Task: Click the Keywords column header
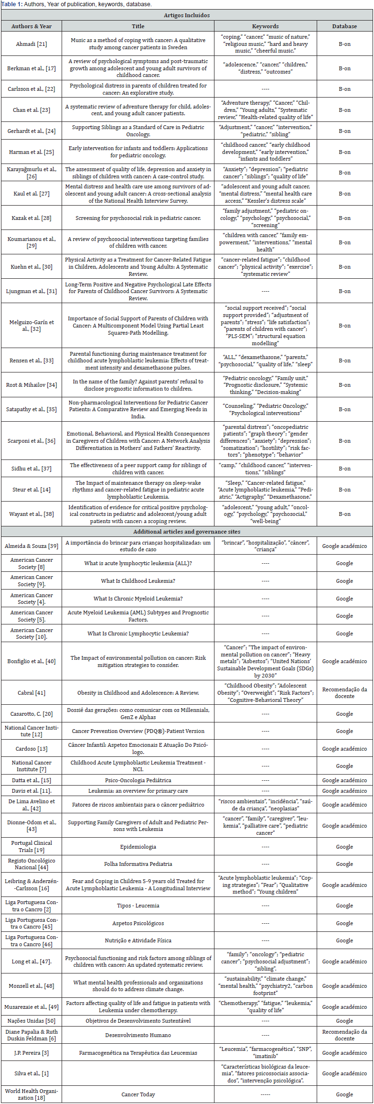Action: pos(265,26)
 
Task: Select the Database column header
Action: pos(344,26)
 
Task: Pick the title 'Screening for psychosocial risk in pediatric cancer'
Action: pos(138,218)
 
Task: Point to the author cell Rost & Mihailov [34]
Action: pos(32,385)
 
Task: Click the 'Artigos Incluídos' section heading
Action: pos(187,15)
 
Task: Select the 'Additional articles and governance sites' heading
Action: pos(187,531)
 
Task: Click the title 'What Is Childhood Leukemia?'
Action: pos(138,581)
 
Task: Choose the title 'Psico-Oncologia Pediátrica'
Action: pos(138,780)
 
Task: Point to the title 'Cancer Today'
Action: pos(138,1094)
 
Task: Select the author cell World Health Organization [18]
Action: pos(32,1094)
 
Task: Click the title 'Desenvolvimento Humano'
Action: pos(138,1035)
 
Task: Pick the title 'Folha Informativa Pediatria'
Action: pos(138,864)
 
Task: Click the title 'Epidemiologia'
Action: pos(138,847)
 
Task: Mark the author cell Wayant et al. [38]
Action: pos(32,514)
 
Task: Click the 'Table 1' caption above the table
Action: pos(76,4)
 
